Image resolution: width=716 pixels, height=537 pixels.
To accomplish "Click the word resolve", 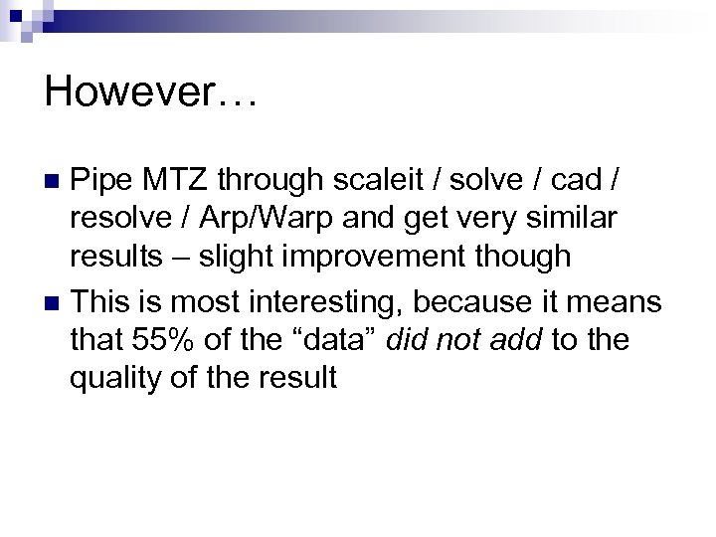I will (125, 219).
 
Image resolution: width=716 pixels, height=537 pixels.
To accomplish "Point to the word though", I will (527, 257).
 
